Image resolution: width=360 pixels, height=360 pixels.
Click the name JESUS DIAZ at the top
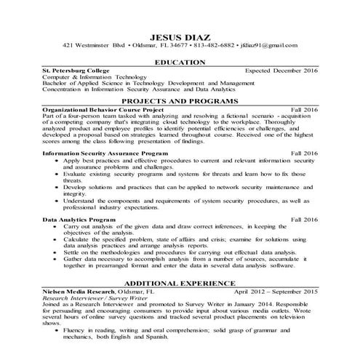(180, 36)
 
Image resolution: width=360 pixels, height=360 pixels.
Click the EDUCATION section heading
(180, 64)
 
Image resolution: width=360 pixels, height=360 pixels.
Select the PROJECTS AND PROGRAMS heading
(180, 100)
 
